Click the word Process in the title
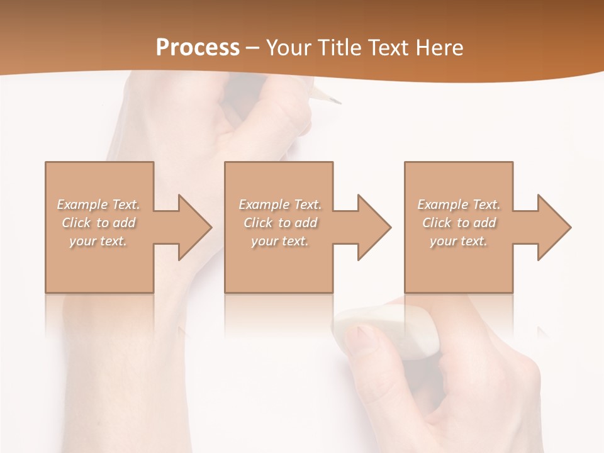coord(198,47)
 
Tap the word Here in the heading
coord(438,47)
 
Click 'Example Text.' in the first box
coord(99,204)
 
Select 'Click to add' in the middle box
coord(280,223)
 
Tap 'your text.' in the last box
coord(459,241)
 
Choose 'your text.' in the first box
coord(99,241)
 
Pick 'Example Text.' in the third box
coord(459,204)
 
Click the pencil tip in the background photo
coord(333,99)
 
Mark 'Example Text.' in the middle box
coord(280,204)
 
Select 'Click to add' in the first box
coord(99,223)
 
